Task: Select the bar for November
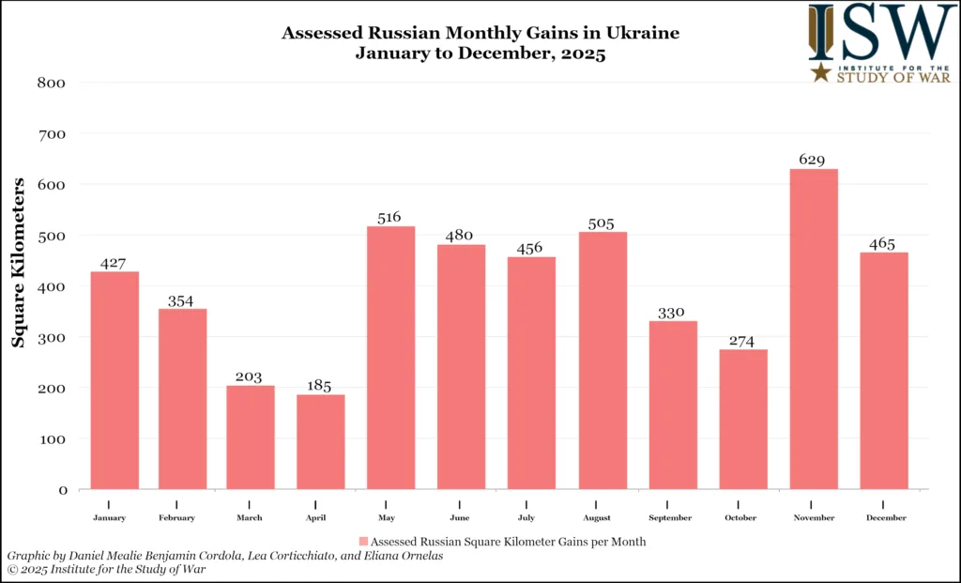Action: (x=814, y=329)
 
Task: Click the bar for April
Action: (x=321, y=441)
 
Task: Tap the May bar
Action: (x=390, y=357)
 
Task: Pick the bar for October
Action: (x=743, y=419)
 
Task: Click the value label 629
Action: (x=813, y=160)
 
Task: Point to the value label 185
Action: (x=319, y=386)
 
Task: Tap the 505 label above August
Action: (x=602, y=222)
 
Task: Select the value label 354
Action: (x=182, y=300)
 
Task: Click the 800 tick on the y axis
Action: (x=52, y=83)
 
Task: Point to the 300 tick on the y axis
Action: (x=52, y=337)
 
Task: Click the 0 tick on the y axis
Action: (x=62, y=490)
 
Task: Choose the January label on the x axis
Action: (x=109, y=518)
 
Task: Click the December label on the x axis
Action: (x=883, y=518)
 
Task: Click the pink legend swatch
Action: (x=363, y=542)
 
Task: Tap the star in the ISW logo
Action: (x=821, y=72)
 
